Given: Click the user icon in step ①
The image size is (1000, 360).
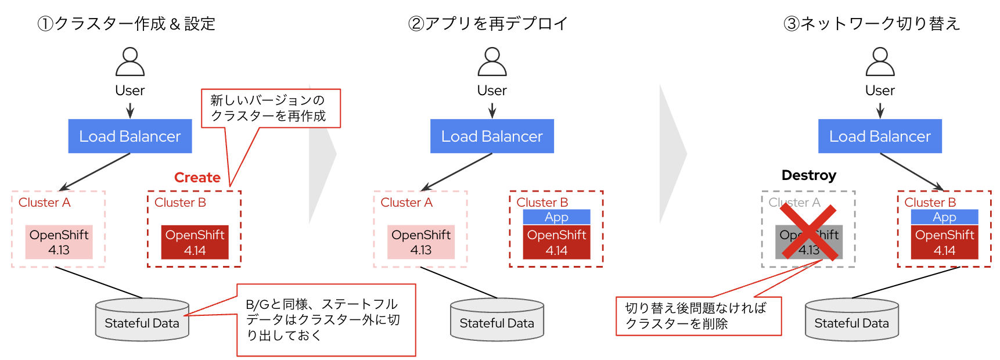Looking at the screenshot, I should tap(130, 62).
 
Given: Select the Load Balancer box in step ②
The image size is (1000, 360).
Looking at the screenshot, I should tap(492, 136).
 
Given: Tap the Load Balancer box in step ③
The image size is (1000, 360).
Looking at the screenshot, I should tap(880, 136).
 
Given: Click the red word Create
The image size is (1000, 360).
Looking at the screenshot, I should tap(197, 178).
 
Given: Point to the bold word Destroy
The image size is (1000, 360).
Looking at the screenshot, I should tap(808, 175).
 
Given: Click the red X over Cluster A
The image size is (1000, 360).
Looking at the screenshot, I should tap(808, 232).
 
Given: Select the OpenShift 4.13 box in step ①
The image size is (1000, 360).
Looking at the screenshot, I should tap(59, 242).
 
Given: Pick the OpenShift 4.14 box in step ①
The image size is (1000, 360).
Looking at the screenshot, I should tap(195, 242).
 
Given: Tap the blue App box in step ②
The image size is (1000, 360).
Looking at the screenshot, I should tap(556, 217).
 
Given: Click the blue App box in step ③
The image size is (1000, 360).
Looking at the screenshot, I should tap(944, 217).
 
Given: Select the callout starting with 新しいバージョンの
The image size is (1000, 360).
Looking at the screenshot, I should tap(271, 108).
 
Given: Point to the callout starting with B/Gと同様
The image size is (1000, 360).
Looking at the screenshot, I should tap(326, 319).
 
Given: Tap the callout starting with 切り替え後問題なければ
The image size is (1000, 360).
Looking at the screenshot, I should tap(698, 316).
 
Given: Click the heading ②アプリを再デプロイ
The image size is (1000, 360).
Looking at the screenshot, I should tap(488, 24).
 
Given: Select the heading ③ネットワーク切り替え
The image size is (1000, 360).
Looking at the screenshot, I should tap(872, 24).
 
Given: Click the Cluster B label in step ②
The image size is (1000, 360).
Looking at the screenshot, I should tap(542, 202).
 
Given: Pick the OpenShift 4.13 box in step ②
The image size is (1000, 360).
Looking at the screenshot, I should tap(420, 242).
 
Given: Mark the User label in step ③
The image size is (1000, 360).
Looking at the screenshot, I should tap(880, 91).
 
